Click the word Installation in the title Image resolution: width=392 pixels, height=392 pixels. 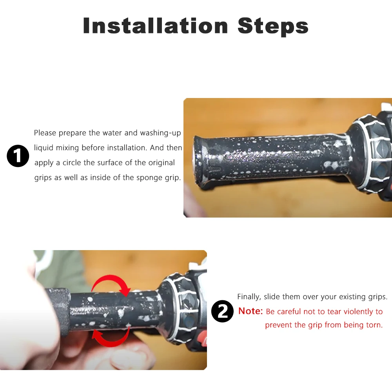pos(155,26)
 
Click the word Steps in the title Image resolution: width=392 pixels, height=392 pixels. pos(273,27)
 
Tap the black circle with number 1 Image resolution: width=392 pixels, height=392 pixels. pos(18,156)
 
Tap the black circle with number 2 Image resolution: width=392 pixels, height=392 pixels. pos(222,311)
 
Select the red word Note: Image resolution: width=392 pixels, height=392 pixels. pos(250,311)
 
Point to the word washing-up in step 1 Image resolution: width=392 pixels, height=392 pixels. pos(160,133)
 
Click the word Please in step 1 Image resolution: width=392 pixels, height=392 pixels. pos(45,133)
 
